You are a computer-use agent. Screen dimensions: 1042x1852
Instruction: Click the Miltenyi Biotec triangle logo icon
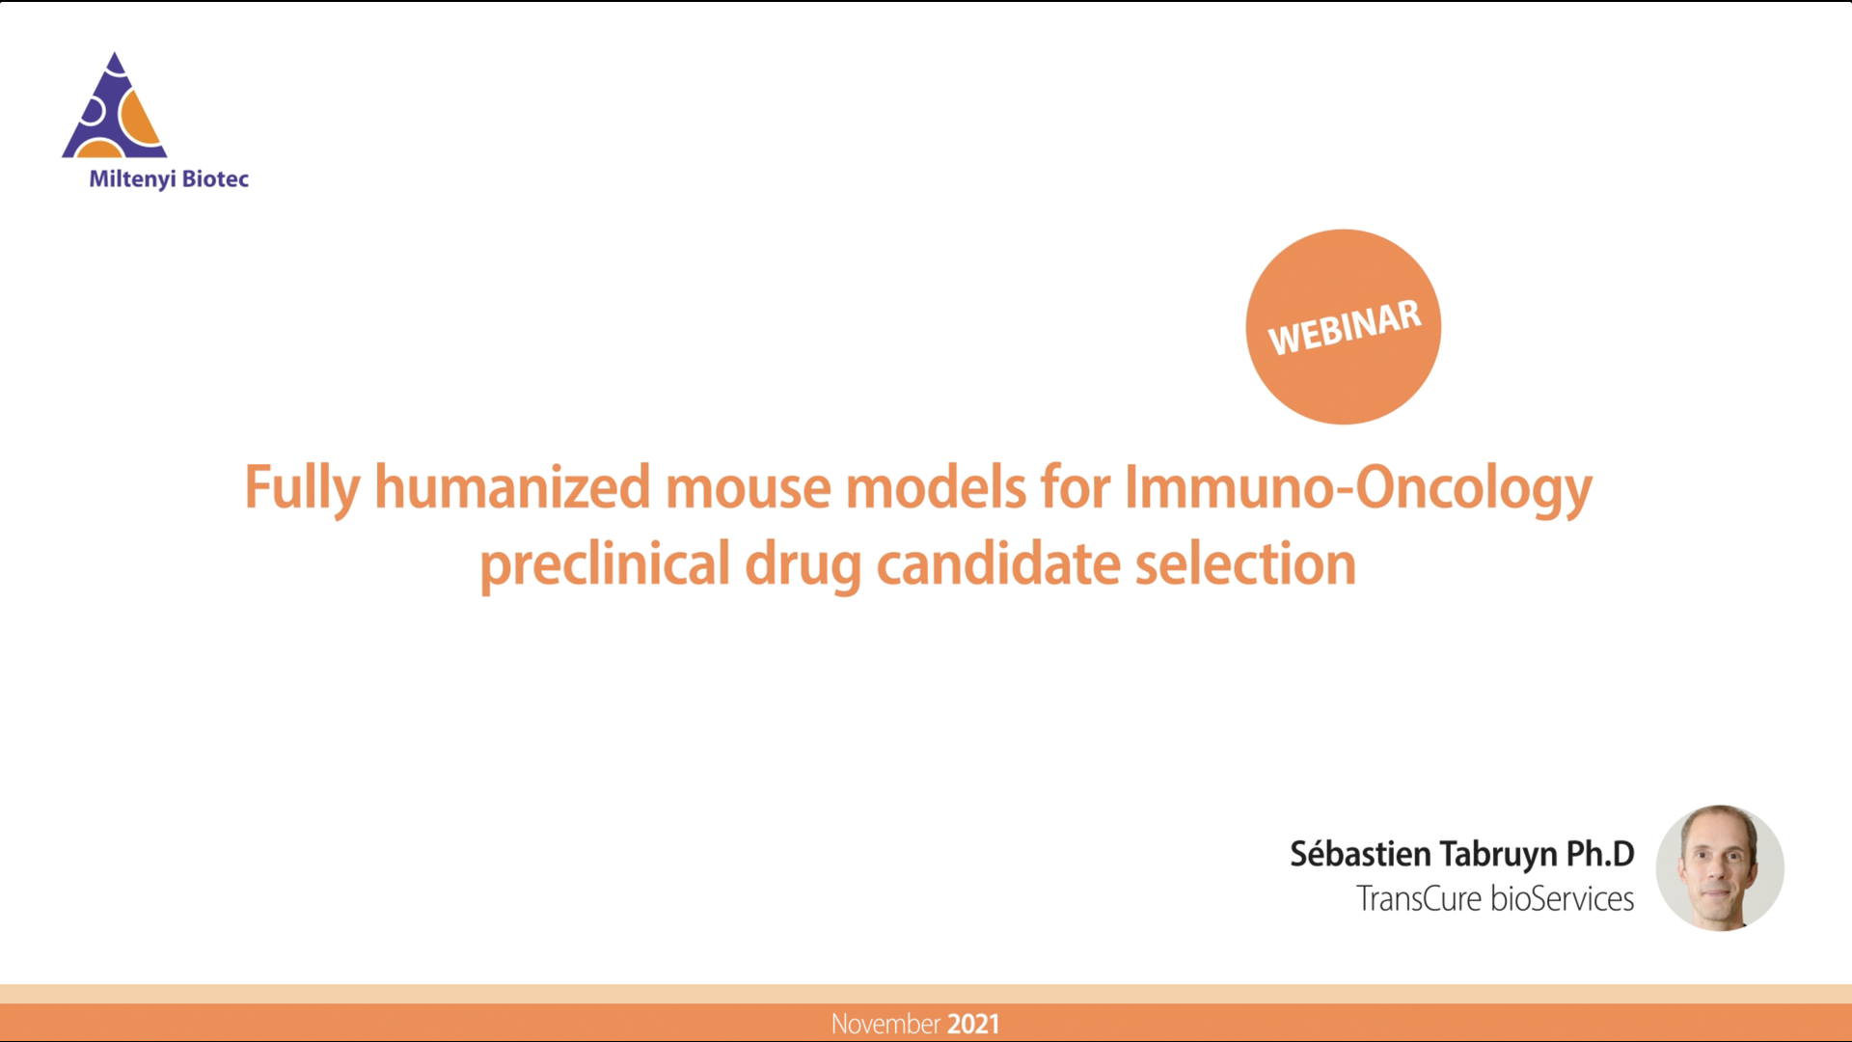click(x=115, y=108)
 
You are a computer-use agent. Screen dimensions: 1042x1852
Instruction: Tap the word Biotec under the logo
click(x=215, y=178)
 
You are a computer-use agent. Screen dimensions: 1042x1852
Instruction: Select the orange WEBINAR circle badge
click(x=1343, y=327)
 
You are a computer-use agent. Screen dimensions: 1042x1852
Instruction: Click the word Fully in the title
click(x=301, y=487)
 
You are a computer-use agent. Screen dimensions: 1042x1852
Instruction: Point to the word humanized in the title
click(x=512, y=487)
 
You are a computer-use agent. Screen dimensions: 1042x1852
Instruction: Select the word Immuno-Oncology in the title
click(x=1358, y=487)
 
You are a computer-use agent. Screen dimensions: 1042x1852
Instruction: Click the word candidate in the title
click(x=997, y=564)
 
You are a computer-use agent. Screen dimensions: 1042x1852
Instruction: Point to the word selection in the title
click(x=1245, y=564)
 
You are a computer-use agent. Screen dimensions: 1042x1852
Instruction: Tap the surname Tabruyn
click(x=1498, y=855)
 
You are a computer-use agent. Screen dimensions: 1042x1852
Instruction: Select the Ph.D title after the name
click(x=1600, y=854)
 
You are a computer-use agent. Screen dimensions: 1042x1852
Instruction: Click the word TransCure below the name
click(x=1418, y=899)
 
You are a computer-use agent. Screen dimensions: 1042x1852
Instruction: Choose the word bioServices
click(x=1562, y=899)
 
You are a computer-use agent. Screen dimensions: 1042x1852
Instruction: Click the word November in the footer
click(x=885, y=1024)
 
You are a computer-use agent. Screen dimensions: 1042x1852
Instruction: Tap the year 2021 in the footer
click(x=973, y=1024)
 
